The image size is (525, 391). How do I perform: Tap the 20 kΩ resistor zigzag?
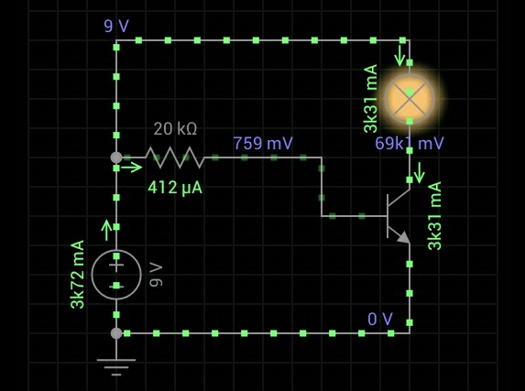175,157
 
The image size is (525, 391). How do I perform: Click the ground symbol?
116,367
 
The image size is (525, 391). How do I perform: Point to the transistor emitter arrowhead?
404,237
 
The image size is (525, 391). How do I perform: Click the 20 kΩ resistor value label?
175,129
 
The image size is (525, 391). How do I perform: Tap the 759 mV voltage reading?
263,143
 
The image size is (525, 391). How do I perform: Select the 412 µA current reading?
175,188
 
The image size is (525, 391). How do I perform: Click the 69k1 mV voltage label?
410,143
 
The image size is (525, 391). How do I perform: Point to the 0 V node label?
380,319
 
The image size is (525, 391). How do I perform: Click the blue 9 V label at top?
116,26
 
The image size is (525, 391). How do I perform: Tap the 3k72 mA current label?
78,274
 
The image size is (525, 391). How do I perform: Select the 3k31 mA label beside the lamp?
371,99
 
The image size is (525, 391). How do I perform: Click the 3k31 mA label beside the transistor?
434,216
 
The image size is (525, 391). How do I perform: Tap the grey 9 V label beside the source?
156,275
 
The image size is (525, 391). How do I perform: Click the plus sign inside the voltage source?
116,266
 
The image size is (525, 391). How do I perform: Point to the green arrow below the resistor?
131,167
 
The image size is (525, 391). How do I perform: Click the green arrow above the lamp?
399,56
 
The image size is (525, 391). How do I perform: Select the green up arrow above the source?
106,230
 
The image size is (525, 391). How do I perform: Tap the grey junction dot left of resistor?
116,157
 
